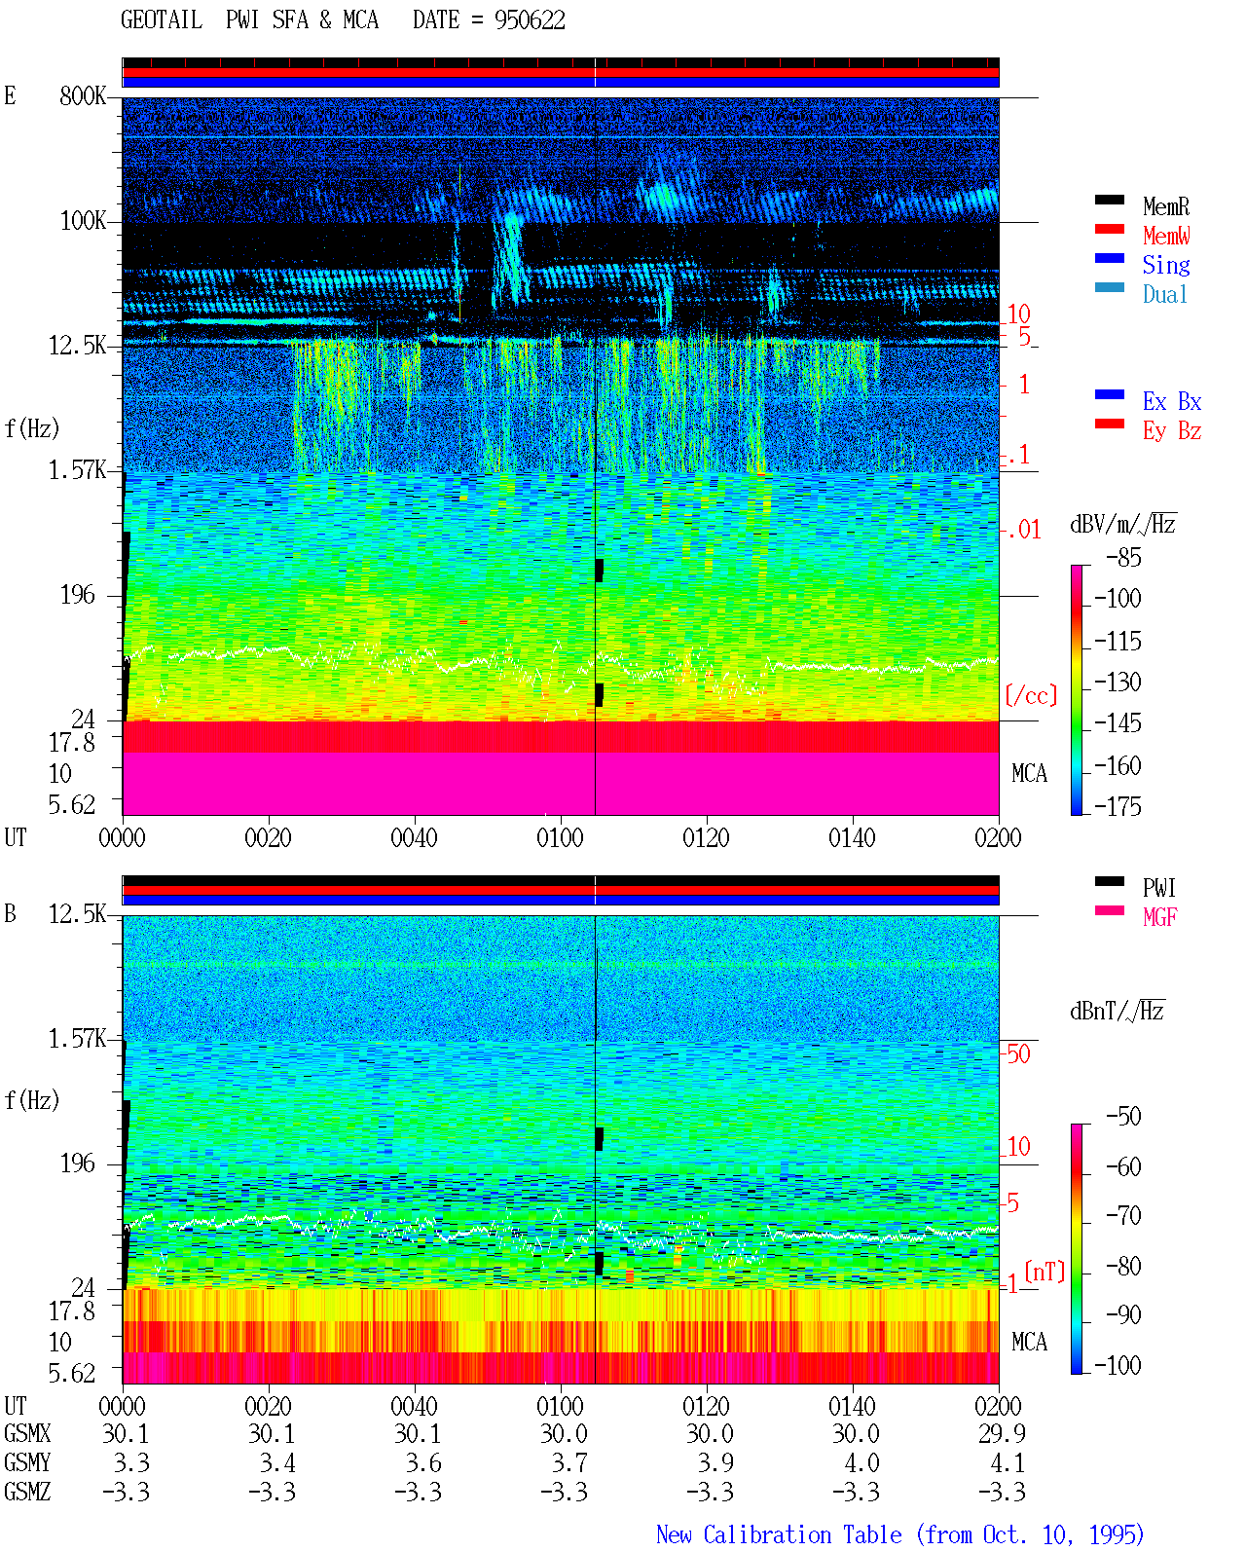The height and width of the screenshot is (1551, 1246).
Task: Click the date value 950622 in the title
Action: tap(530, 20)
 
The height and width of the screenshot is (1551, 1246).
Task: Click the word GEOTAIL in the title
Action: tap(162, 20)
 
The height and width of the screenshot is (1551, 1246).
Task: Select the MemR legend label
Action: tap(1166, 206)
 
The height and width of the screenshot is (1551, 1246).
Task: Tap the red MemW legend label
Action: tap(1166, 236)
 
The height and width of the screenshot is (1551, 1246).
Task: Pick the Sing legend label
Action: tap(1166, 265)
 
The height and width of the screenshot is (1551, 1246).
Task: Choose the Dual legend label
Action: tap(1165, 294)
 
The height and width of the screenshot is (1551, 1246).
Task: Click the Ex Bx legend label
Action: tap(1172, 401)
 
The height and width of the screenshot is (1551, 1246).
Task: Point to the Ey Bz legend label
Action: tap(1172, 431)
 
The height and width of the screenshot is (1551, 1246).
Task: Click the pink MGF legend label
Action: tap(1160, 917)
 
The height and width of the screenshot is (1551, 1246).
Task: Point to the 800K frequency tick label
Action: tap(83, 95)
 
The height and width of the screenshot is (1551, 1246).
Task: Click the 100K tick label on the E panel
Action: tap(83, 221)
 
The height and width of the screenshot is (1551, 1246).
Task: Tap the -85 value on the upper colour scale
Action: tap(1123, 557)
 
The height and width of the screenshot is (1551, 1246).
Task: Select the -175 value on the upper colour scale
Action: tap(1118, 806)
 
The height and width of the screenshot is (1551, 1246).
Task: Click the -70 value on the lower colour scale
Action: tap(1123, 1216)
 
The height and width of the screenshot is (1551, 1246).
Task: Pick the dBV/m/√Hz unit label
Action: tap(1123, 524)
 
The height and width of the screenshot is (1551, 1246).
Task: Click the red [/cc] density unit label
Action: tap(1031, 695)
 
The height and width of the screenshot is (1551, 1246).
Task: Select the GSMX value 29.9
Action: tap(1003, 1433)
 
